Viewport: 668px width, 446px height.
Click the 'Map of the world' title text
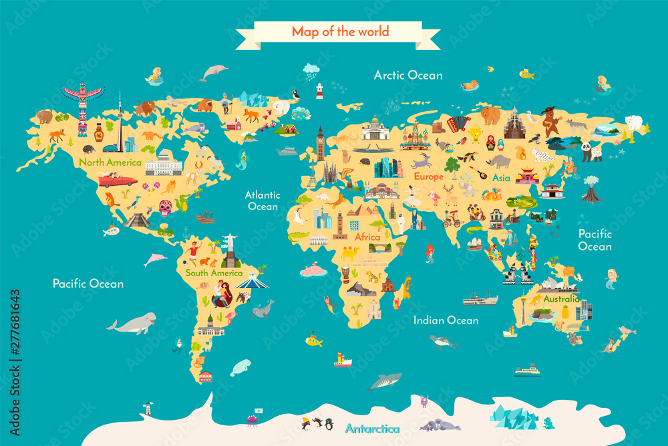point(340,31)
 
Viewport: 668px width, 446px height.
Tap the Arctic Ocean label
point(407,75)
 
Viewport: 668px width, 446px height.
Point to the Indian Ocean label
point(446,320)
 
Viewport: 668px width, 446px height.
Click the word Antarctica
point(372,428)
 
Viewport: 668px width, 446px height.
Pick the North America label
point(110,162)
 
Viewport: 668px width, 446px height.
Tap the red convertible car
point(118,181)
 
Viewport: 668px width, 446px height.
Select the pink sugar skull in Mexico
point(164,207)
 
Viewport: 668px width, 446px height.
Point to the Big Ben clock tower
point(321,144)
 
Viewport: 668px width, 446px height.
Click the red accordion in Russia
point(459,123)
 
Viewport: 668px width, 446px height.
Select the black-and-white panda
point(591,152)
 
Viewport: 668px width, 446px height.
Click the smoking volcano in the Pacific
point(591,190)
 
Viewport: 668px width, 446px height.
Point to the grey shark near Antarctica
point(385,381)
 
